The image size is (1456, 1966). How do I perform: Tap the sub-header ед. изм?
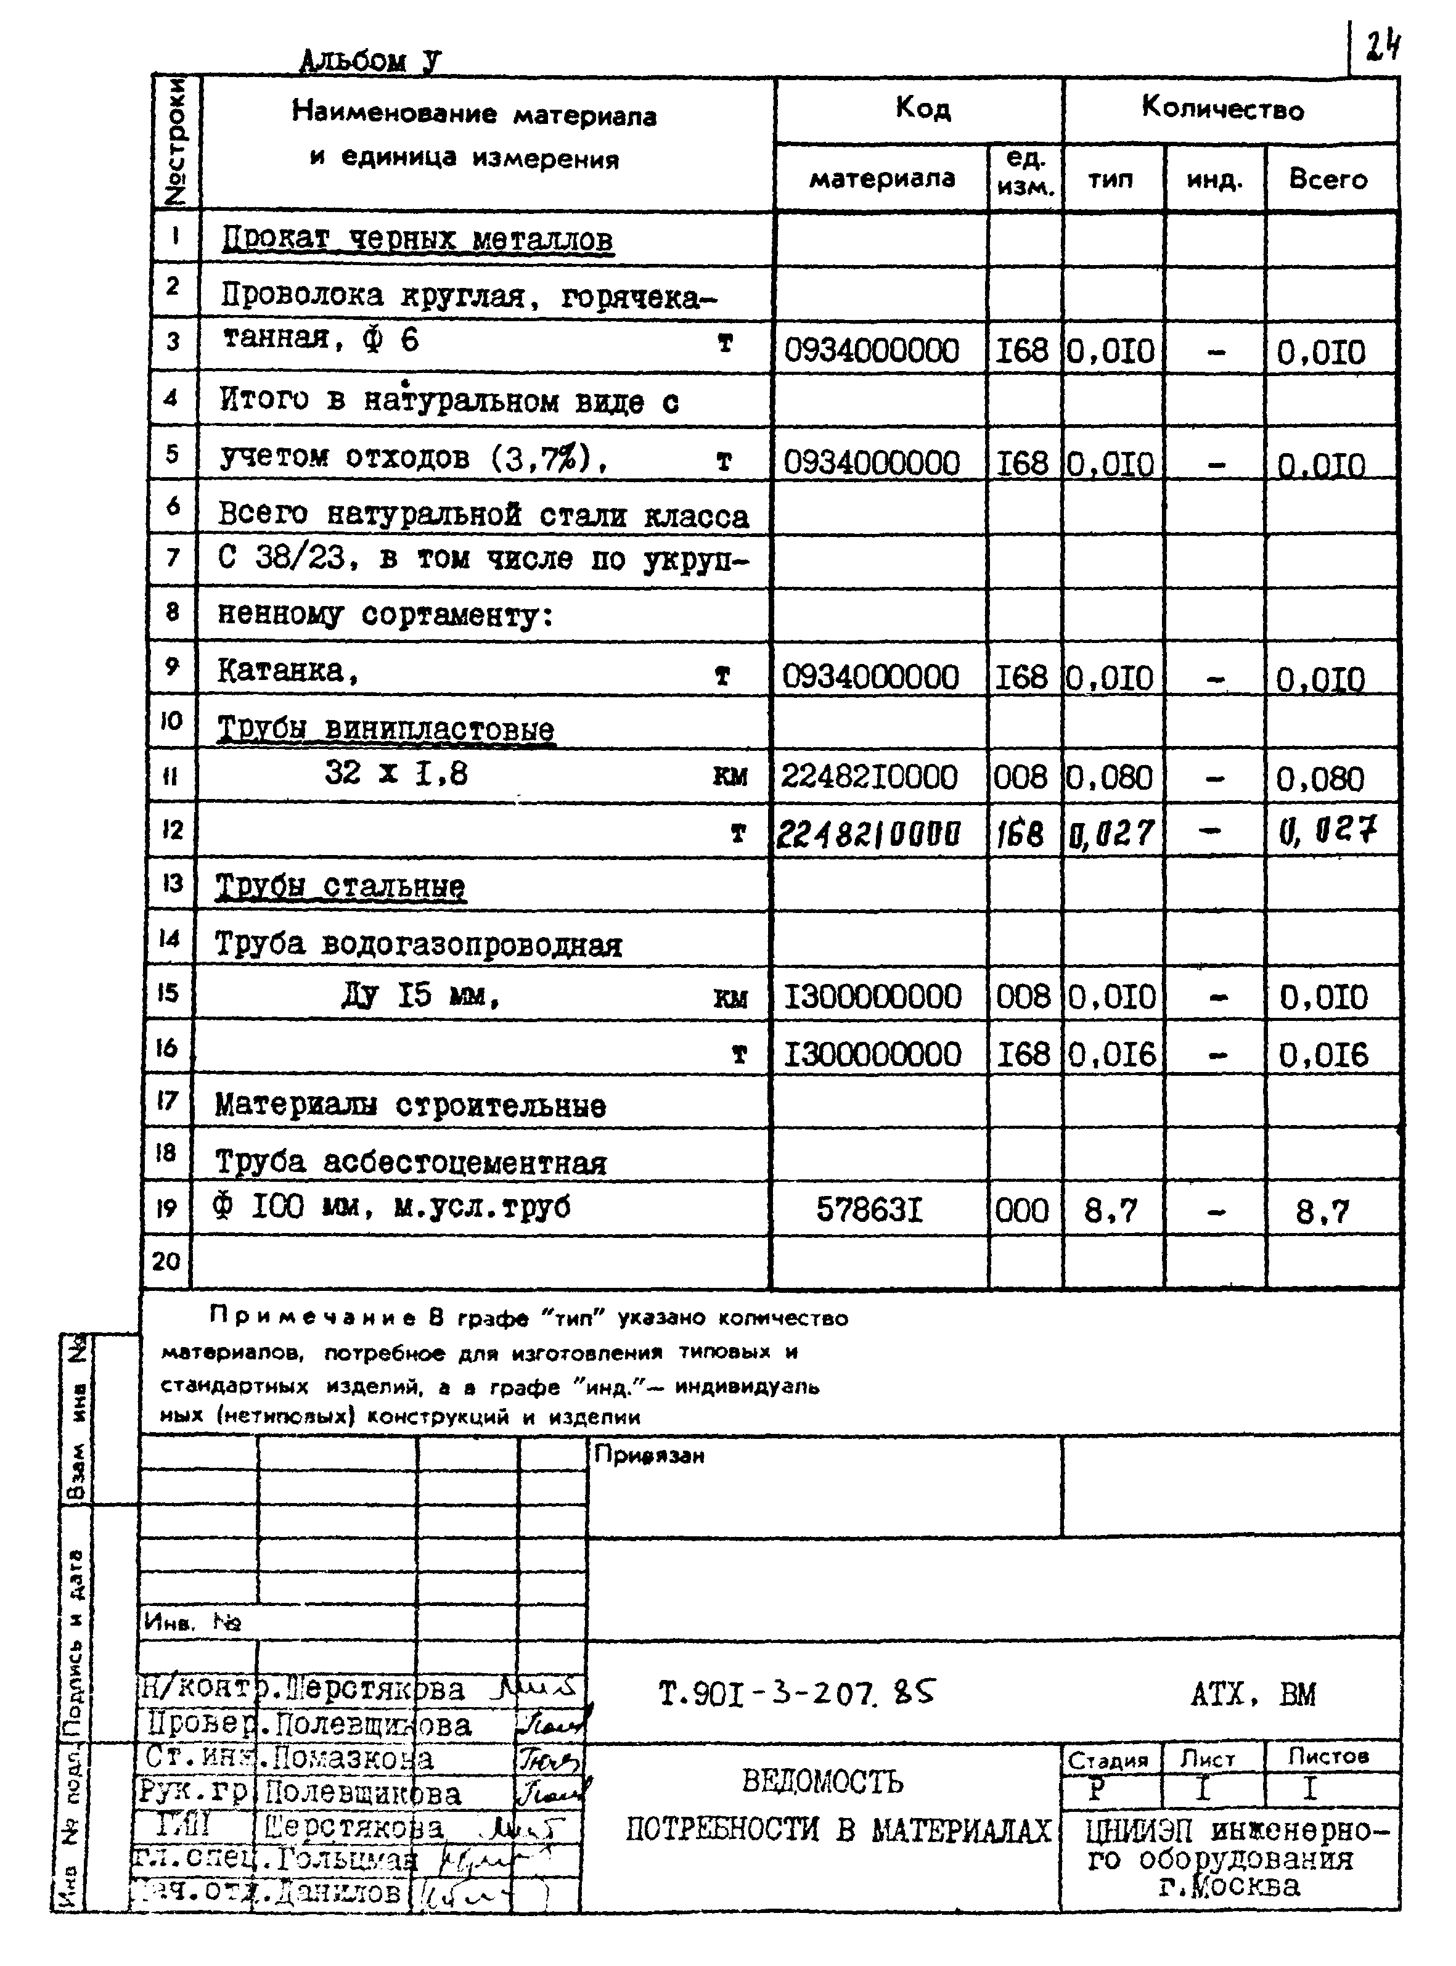[1025, 174]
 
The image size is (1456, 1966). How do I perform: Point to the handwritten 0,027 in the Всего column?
[1327, 830]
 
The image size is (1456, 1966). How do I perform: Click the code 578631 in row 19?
[869, 1210]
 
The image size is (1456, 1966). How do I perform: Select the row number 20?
[166, 1261]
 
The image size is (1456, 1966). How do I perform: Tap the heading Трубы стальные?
[340, 886]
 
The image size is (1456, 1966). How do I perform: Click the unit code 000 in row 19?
[1023, 1210]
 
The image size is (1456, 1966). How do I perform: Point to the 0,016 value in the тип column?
[1111, 1054]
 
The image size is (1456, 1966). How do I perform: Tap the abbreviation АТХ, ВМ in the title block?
[1253, 1694]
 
